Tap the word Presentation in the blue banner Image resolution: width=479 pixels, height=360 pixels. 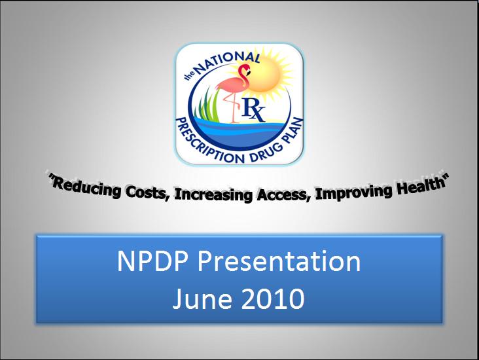(x=279, y=261)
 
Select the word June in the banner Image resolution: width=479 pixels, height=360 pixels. (x=202, y=298)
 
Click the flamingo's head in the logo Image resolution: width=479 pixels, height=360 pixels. (x=244, y=69)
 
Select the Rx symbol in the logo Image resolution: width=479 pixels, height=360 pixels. (x=253, y=110)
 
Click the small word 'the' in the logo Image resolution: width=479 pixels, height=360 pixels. (x=189, y=75)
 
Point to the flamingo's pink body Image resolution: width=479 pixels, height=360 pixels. (x=233, y=85)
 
